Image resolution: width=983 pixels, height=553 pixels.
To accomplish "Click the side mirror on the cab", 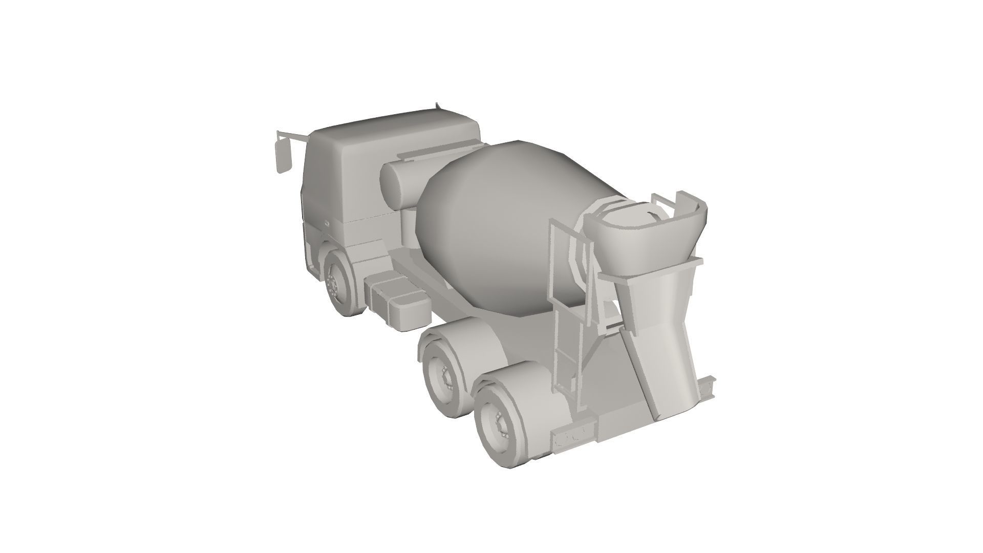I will tap(283, 156).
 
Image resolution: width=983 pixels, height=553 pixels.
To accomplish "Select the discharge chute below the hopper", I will tap(660, 348).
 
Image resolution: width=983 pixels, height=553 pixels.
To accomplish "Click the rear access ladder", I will tap(568, 317).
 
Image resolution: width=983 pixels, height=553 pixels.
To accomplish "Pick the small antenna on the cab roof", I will tap(437, 105).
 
